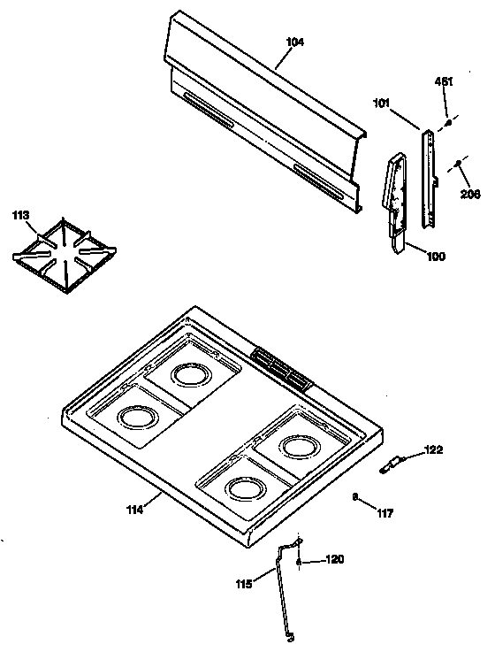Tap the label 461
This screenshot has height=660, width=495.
(444, 83)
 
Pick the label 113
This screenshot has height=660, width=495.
(19, 215)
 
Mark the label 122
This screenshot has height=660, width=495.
(433, 450)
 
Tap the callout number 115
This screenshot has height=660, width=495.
(244, 583)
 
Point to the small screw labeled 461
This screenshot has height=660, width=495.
(448, 123)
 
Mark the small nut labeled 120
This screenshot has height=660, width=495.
(301, 561)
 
